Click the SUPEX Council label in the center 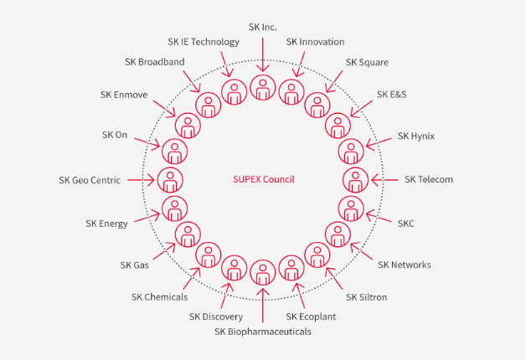[263, 179]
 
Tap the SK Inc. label [263, 28]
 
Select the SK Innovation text [315, 42]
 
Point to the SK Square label [367, 63]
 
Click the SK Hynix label [416, 136]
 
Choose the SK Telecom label [429, 179]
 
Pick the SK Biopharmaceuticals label [263, 332]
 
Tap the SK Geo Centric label [90, 179]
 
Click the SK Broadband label [154, 62]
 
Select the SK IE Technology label [204, 42]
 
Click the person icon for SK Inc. [263, 86]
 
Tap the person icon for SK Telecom [356, 179]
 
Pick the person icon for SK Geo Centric [170, 179]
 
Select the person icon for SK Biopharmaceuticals [263, 274]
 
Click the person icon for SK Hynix [351, 152]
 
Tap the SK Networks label [405, 265]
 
